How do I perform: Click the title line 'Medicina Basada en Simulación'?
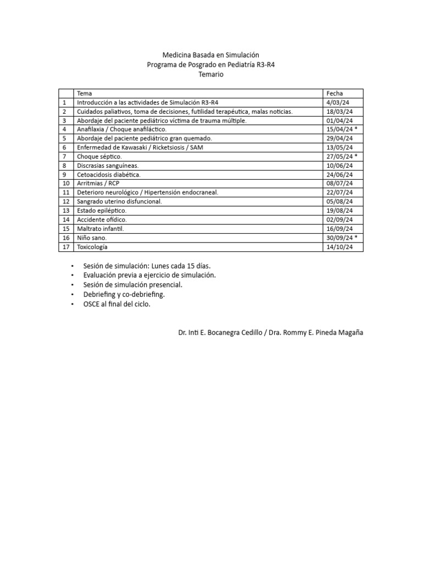tap(211, 55)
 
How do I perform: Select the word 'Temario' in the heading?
tap(211, 74)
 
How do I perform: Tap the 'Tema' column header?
tap(85, 93)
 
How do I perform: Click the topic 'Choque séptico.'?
tap(99, 156)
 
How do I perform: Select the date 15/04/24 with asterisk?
tap(342, 129)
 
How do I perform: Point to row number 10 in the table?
tap(65, 183)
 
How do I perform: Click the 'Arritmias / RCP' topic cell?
tap(98, 183)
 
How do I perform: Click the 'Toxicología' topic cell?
tap(92, 246)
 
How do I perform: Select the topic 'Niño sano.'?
tap(92, 238)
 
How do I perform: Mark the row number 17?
tap(65, 246)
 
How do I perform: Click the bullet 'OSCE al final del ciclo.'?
tap(116, 304)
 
